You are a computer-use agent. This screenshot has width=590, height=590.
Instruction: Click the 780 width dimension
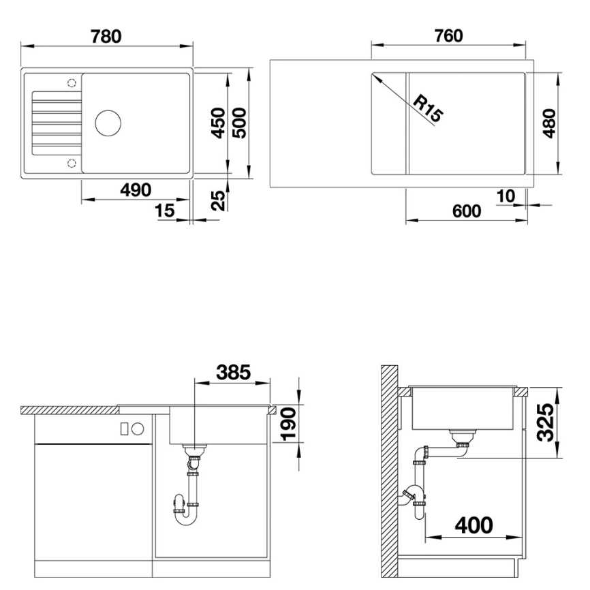[x=108, y=35]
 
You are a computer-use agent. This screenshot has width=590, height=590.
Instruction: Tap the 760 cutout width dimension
[x=448, y=35]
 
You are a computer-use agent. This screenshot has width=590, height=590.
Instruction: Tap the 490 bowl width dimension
[x=136, y=190]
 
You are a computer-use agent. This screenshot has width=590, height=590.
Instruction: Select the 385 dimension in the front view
[x=233, y=372]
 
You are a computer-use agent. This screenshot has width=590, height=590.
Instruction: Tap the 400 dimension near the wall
[x=474, y=525]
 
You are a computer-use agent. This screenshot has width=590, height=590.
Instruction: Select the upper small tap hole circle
[x=72, y=83]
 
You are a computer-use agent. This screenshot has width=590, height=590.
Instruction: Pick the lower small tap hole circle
[x=72, y=162]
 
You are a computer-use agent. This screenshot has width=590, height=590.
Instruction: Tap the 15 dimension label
[x=165, y=211]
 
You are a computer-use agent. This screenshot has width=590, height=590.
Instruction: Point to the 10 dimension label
[x=506, y=196]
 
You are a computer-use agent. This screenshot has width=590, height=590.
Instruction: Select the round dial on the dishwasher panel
[x=138, y=428]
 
